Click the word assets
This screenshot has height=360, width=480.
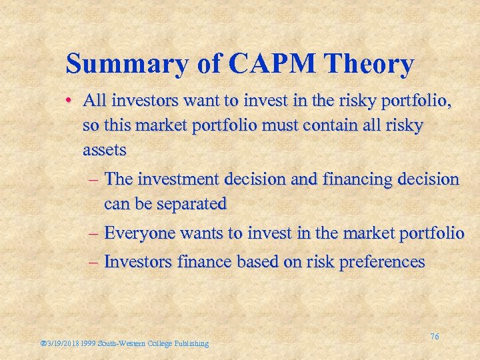pyautogui.click(x=104, y=150)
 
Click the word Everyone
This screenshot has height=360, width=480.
pyautogui.click(x=140, y=233)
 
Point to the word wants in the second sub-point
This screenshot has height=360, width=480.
pyautogui.click(x=199, y=233)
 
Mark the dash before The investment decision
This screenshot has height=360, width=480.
pyautogui.click(x=94, y=179)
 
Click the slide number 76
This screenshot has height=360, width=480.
pyautogui.click(x=435, y=337)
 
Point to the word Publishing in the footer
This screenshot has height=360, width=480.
pyautogui.click(x=192, y=343)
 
